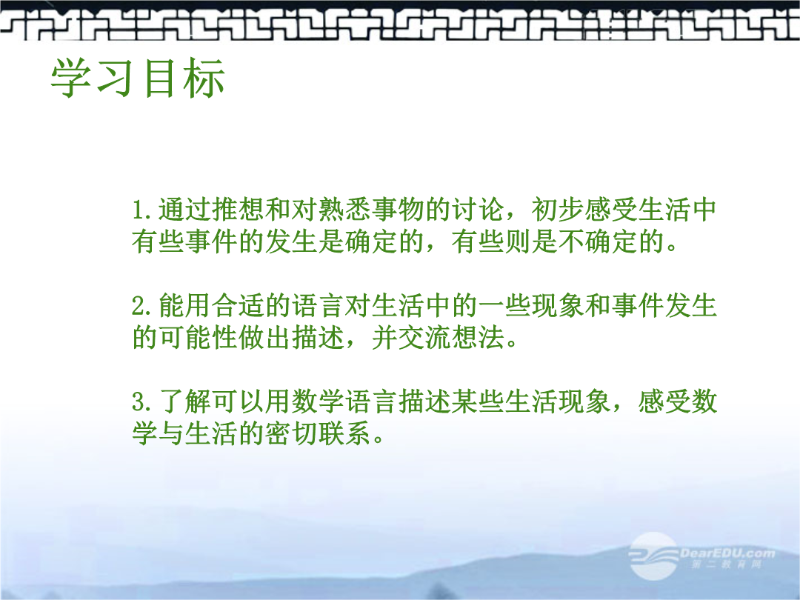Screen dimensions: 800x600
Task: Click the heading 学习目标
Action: pyautogui.click(x=138, y=79)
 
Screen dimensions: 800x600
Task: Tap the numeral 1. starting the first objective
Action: pyautogui.click(x=142, y=210)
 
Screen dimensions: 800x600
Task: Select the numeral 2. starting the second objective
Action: pyautogui.click(x=142, y=306)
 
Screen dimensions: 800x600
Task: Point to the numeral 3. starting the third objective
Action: pyautogui.click(x=142, y=401)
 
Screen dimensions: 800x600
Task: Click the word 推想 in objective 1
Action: pyautogui.click(x=237, y=210)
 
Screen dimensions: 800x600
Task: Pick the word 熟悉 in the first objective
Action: pyautogui.click(x=344, y=210)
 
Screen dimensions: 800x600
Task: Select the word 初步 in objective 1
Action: pyautogui.click(x=558, y=210)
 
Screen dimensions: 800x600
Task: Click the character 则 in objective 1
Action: pyautogui.click(x=517, y=241)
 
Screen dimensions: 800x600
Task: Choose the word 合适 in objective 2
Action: pyautogui.click(x=237, y=306)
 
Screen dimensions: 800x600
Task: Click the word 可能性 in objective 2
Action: pyautogui.click(x=198, y=337)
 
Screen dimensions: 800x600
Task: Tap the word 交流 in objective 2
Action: pyautogui.click(x=424, y=337)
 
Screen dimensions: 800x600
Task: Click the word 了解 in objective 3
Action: pyautogui.click(x=184, y=401)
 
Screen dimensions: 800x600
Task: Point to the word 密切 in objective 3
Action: pyautogui.click(x=291, y=433)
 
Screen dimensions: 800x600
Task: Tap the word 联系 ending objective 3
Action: pyautogui.click(x=344, y=433)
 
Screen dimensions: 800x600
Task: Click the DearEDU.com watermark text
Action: pyautogui.click(x=728, y=553)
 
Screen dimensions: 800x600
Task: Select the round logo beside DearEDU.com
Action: pyautogui.click(x=653, y=556)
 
